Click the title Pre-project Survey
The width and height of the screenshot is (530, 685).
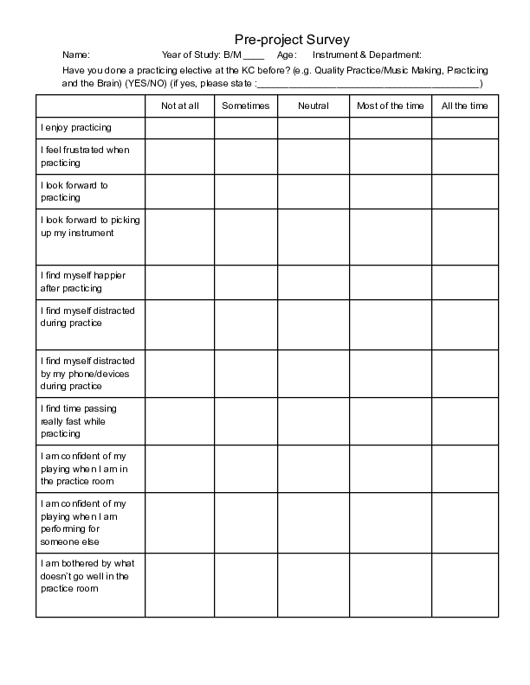coord(292,39)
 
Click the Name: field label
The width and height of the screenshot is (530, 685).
coord(76,55)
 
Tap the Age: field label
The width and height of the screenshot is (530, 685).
coord(288,55)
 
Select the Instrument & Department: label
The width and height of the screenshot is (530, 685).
coord(367,55)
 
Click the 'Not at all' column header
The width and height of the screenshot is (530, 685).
coord(180,106)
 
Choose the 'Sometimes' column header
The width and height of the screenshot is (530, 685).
coord(246,106)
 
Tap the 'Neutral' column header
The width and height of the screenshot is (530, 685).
coord(313,106)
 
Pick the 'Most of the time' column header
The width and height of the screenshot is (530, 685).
coord(391,106)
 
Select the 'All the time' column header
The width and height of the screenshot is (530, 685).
coord(465,106)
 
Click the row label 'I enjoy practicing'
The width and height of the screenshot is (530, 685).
coord(76,127)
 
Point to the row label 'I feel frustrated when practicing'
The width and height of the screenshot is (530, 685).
coord(85,156)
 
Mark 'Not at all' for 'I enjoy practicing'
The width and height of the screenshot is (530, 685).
coord(180,127)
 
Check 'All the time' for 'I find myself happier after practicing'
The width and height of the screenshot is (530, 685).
coord(465,281)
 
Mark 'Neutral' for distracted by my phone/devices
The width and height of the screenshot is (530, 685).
coord(313,373)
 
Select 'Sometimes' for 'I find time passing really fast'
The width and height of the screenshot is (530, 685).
coord(246,420)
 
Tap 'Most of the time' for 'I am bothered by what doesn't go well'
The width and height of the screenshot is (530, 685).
coord(391,586)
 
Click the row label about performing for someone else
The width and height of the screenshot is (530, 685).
coord(84,522)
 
